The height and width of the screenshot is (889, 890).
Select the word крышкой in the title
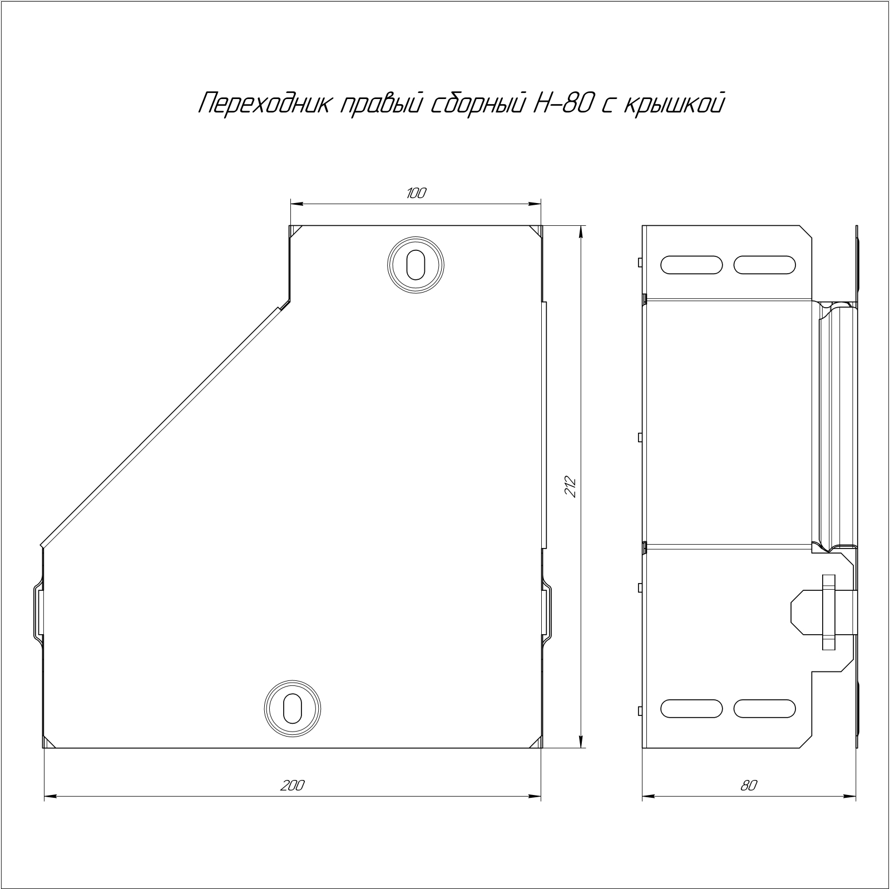[x=674, y=104]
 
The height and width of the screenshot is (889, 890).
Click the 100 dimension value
[x=416, y=194]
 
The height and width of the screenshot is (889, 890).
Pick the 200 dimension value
[x=291, y=786]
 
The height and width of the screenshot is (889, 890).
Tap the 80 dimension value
[x=749, y=786]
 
